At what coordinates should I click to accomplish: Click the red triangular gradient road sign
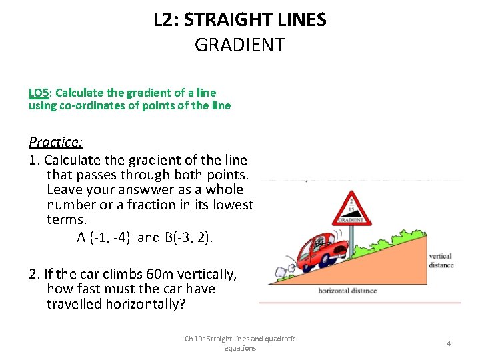pyautogui.click(x=351, y=208)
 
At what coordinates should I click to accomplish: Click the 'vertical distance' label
pyautogui.click(x=441, y=260)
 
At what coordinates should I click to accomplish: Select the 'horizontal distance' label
pyautogui.click(x=347, y=291)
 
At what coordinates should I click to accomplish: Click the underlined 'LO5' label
pyautogui.click(x=39, y=92)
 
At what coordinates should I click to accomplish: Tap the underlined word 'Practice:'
pyautogui.click(x=55, y=141)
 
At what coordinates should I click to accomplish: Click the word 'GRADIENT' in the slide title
pyautogui.click(x=239, y=45)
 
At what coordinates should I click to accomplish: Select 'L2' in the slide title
pyautogui.click(x=164, y=19)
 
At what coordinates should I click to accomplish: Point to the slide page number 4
pyautogui.click(x=449, y=343)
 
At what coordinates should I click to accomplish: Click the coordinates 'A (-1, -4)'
pyautogui.click(x=105, y=237)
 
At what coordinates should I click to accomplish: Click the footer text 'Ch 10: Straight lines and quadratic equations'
pyautogui.click(x=240, y=343)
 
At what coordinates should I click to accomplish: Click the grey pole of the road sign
pyautogui.click(x=351, y=239)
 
